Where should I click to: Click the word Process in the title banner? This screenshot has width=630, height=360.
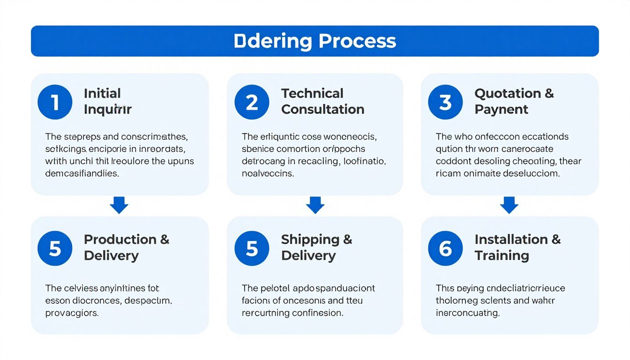pos(357,41)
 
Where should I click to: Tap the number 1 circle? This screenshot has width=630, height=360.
pos(55,102)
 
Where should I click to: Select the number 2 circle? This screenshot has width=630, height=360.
pos(252,102)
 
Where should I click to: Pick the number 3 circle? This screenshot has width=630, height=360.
pos(445,102)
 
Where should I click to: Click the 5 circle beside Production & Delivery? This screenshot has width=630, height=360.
pos(55,248)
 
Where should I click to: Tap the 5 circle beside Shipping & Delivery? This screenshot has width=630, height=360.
pos(252,248)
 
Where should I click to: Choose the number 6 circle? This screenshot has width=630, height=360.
pos(445,248)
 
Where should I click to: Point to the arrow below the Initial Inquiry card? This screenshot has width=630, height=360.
pos(119,205)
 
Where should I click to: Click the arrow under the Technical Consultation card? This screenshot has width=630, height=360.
pos(315,205)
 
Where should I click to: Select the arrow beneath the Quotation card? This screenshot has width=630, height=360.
pos(509,205)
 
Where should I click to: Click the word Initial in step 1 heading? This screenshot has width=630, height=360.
pos(102,93)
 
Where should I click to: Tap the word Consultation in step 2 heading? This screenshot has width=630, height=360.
pos(322,109)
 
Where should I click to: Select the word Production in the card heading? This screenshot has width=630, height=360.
pos(120,239)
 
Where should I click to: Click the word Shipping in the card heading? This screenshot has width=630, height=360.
pos(310,239)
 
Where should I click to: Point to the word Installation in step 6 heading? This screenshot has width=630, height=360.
pos(511,239)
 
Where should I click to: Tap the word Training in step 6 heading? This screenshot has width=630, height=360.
pos(502,255)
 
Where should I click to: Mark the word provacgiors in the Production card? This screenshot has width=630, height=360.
pos(72,313)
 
